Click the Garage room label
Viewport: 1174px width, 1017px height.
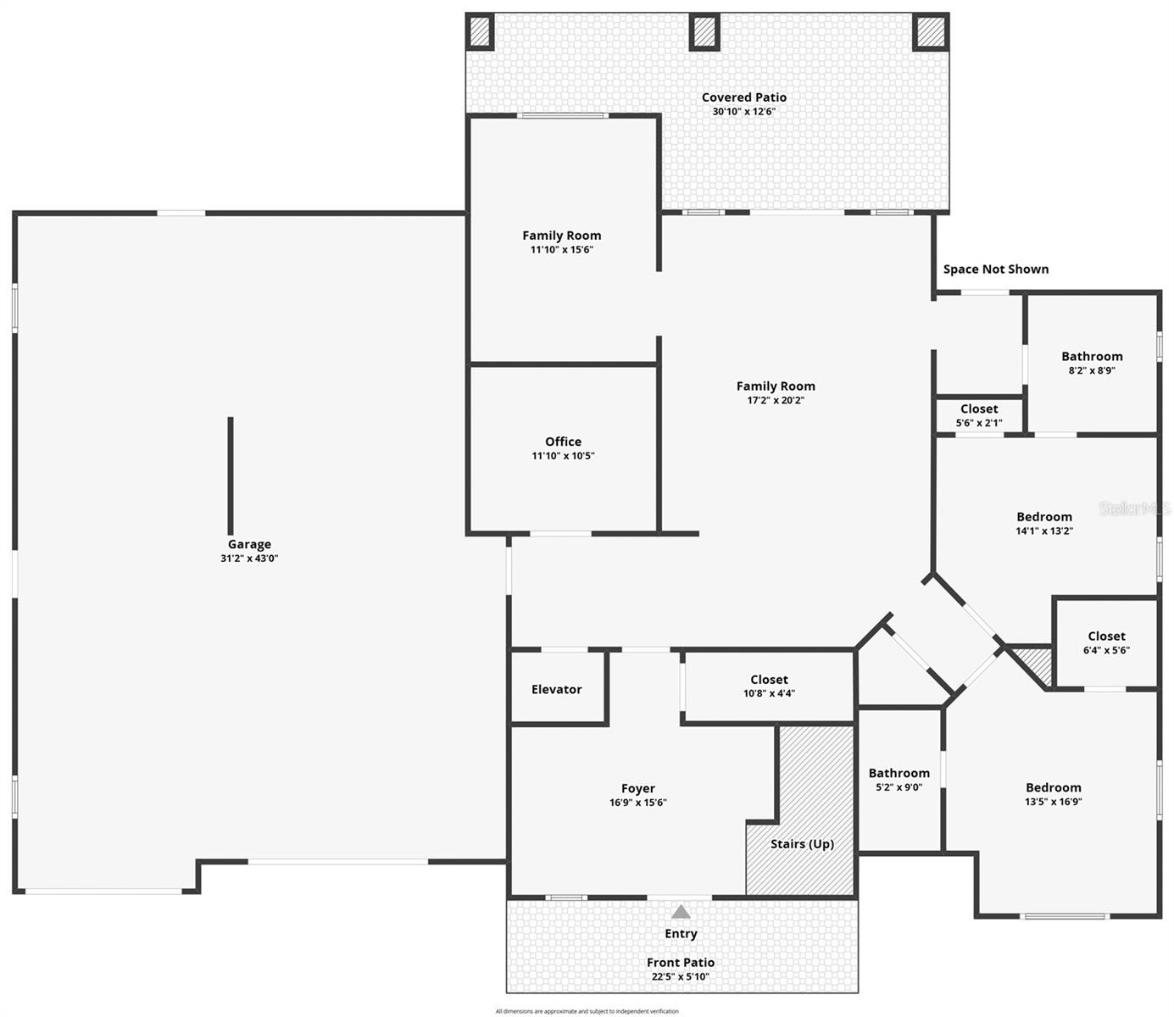point(249,544)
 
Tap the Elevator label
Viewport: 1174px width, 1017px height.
point(556,689)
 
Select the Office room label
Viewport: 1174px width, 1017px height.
point(563,442)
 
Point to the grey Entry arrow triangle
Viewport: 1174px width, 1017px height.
point(681,912)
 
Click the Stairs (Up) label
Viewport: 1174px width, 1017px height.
point(802,843)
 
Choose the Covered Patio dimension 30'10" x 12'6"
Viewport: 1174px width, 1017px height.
point(743,111)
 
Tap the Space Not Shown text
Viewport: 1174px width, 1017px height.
point(996,269)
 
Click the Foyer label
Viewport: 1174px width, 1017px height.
point(637,788)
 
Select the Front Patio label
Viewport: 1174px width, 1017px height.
point(681,962)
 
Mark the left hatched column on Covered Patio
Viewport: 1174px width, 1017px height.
point(480,32)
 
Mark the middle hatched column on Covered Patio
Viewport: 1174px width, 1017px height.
point(704,32)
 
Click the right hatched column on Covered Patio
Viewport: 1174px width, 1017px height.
point(930,32)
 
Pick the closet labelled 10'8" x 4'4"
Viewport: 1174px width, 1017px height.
point(769,686)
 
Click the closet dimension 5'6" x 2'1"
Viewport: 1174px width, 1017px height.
point(979,423)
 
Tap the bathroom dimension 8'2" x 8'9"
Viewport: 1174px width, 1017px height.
point(1092,370)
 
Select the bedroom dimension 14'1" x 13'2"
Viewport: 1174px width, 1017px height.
point(1044,531)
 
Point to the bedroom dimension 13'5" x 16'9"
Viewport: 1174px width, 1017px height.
point(1054,801)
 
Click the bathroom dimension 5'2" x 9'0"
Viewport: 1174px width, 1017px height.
point(899,786)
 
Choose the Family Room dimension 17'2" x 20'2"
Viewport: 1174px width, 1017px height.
point(775,400)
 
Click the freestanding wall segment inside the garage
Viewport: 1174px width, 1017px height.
point(231,475)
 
